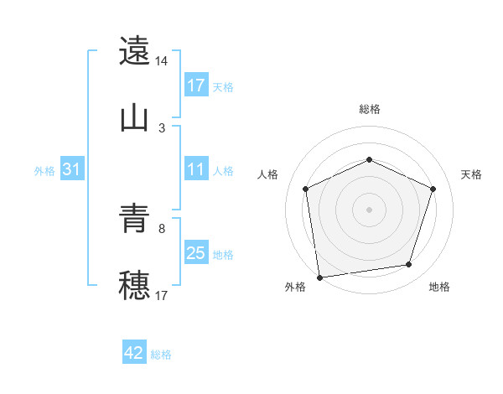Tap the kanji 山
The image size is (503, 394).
(x=134, y=117)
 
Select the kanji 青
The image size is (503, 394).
(x=134, y=220)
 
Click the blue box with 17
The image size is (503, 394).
(x=196, y=86)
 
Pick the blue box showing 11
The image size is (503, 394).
(x=196, y=169)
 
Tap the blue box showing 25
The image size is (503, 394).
(x=196, y=253)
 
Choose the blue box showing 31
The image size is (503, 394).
(x=71, y=169)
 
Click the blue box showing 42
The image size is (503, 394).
(x=134, y=353)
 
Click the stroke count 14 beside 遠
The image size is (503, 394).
(x=162, y=61)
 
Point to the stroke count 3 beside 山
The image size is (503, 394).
(x=162, y=128)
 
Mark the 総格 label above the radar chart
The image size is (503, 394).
(x=369, y=109)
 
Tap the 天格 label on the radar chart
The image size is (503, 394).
(x=471, y=174)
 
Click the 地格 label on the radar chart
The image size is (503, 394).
(x=439, y=287)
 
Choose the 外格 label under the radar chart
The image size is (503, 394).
(x=295, y=287)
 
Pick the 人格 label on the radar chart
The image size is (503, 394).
(x=267, y=174)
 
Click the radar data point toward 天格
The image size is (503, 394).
(x=433, y=189)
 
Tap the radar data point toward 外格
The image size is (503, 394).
(x=319, y=276)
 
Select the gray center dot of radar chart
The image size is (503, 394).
(x=369, y=209)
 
